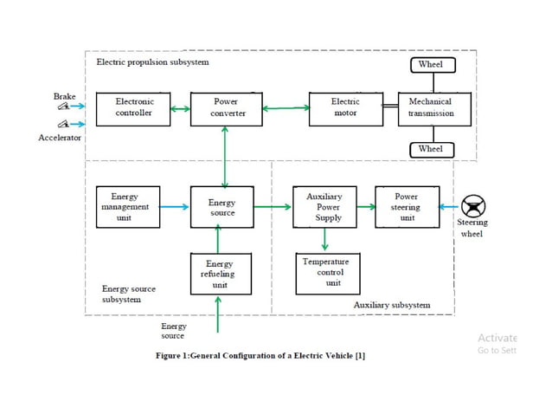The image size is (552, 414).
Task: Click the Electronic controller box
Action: [x=133, y=108]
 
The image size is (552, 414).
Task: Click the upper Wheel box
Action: [x=430, y=65]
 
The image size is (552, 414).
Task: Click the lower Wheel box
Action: [x=430, y=150]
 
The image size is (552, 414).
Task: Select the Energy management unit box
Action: [x=128, y=207]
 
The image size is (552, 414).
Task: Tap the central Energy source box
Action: [x=222, y=207]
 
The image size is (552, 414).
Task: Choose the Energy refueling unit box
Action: [x=220, y=274]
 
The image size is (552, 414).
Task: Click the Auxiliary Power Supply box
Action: [x=324, y=207]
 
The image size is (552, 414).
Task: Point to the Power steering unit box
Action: [x=407, y=207]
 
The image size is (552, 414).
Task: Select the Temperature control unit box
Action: [x=327, y=273]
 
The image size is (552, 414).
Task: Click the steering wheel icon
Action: [x=473, y=206]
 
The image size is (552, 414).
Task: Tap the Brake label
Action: [x=65, y=97]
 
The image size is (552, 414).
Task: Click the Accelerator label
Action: [x=60, y=138]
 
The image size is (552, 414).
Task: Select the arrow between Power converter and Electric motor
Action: [x=286, y=108]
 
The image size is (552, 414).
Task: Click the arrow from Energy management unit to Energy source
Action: [x=175, y=207]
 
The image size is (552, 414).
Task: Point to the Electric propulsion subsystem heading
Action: [x=152, y=62]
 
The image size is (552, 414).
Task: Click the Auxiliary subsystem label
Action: [x=392, y=305]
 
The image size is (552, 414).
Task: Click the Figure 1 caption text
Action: [x=260, y=356]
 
